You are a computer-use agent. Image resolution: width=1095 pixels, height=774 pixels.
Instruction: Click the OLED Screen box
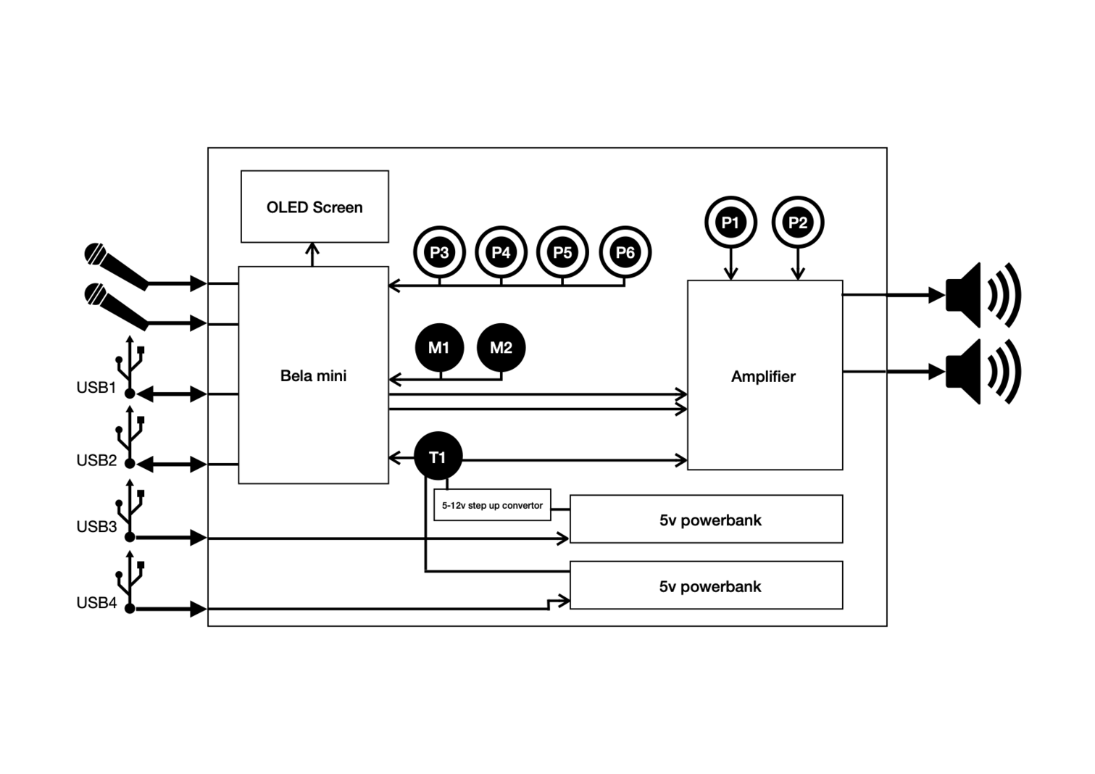click(x=315, y=207)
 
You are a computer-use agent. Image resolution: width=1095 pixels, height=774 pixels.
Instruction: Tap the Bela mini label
click(x=313, y=375)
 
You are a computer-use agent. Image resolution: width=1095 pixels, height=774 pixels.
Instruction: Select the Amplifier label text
click(x=763, y=376)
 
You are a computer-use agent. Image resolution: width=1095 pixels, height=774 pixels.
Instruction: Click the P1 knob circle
click(x=730, y=222)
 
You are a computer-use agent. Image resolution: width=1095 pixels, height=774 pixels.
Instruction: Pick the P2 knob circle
click(x=798, y=222)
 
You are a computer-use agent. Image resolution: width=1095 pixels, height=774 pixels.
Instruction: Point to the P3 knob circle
click(x=439, y=252)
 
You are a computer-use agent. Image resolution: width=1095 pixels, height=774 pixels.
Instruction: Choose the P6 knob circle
click(x=625, y=252)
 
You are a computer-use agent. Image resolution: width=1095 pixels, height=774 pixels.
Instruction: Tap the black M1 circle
click(x=439, y=348)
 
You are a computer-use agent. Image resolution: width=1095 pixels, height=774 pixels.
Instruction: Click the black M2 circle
click(x=501, y=348)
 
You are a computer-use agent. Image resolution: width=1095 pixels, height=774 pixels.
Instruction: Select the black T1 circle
click(x=438, y=457)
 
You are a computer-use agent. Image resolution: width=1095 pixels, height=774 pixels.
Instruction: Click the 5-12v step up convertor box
click(x=492, y=505)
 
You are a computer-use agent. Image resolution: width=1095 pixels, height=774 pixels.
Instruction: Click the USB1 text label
click(x=96, y=388)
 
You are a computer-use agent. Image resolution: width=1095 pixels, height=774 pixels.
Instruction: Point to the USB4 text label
click(x=96, y=603)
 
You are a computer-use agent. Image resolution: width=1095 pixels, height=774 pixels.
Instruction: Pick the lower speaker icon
click(x=983, y=372)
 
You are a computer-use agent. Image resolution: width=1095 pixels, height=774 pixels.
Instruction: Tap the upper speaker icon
click(x=983, y=295)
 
